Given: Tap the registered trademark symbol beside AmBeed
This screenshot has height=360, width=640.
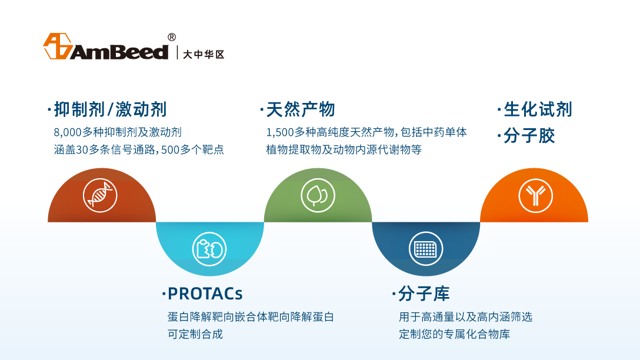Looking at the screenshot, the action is click(x=172, y=37).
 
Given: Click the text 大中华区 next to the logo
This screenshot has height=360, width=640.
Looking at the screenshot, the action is click(x=204, y=54).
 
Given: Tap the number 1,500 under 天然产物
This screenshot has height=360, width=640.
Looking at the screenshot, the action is click(x=280, y=132).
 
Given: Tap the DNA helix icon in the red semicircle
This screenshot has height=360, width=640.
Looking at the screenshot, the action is click(x=100, y=195).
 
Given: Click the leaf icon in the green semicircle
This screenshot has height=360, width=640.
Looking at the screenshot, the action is click(x=318, y=195).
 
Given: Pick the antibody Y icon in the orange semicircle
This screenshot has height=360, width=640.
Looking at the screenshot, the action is click(x=535, y=195).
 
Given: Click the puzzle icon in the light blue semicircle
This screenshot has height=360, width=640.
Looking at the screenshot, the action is click(x=209, y=249).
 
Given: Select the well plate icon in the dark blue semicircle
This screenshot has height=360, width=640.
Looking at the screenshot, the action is click(x=426, y=249).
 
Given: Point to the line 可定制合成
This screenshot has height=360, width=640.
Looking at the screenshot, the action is click(x=195, y=334).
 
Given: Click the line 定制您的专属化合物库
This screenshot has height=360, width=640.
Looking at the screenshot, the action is click(x=454, y=334).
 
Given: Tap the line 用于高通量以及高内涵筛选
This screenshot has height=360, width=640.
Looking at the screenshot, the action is click(x=466, y=316).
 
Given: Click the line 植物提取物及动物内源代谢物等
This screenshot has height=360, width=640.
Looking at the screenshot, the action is click(x=344, y=150).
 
